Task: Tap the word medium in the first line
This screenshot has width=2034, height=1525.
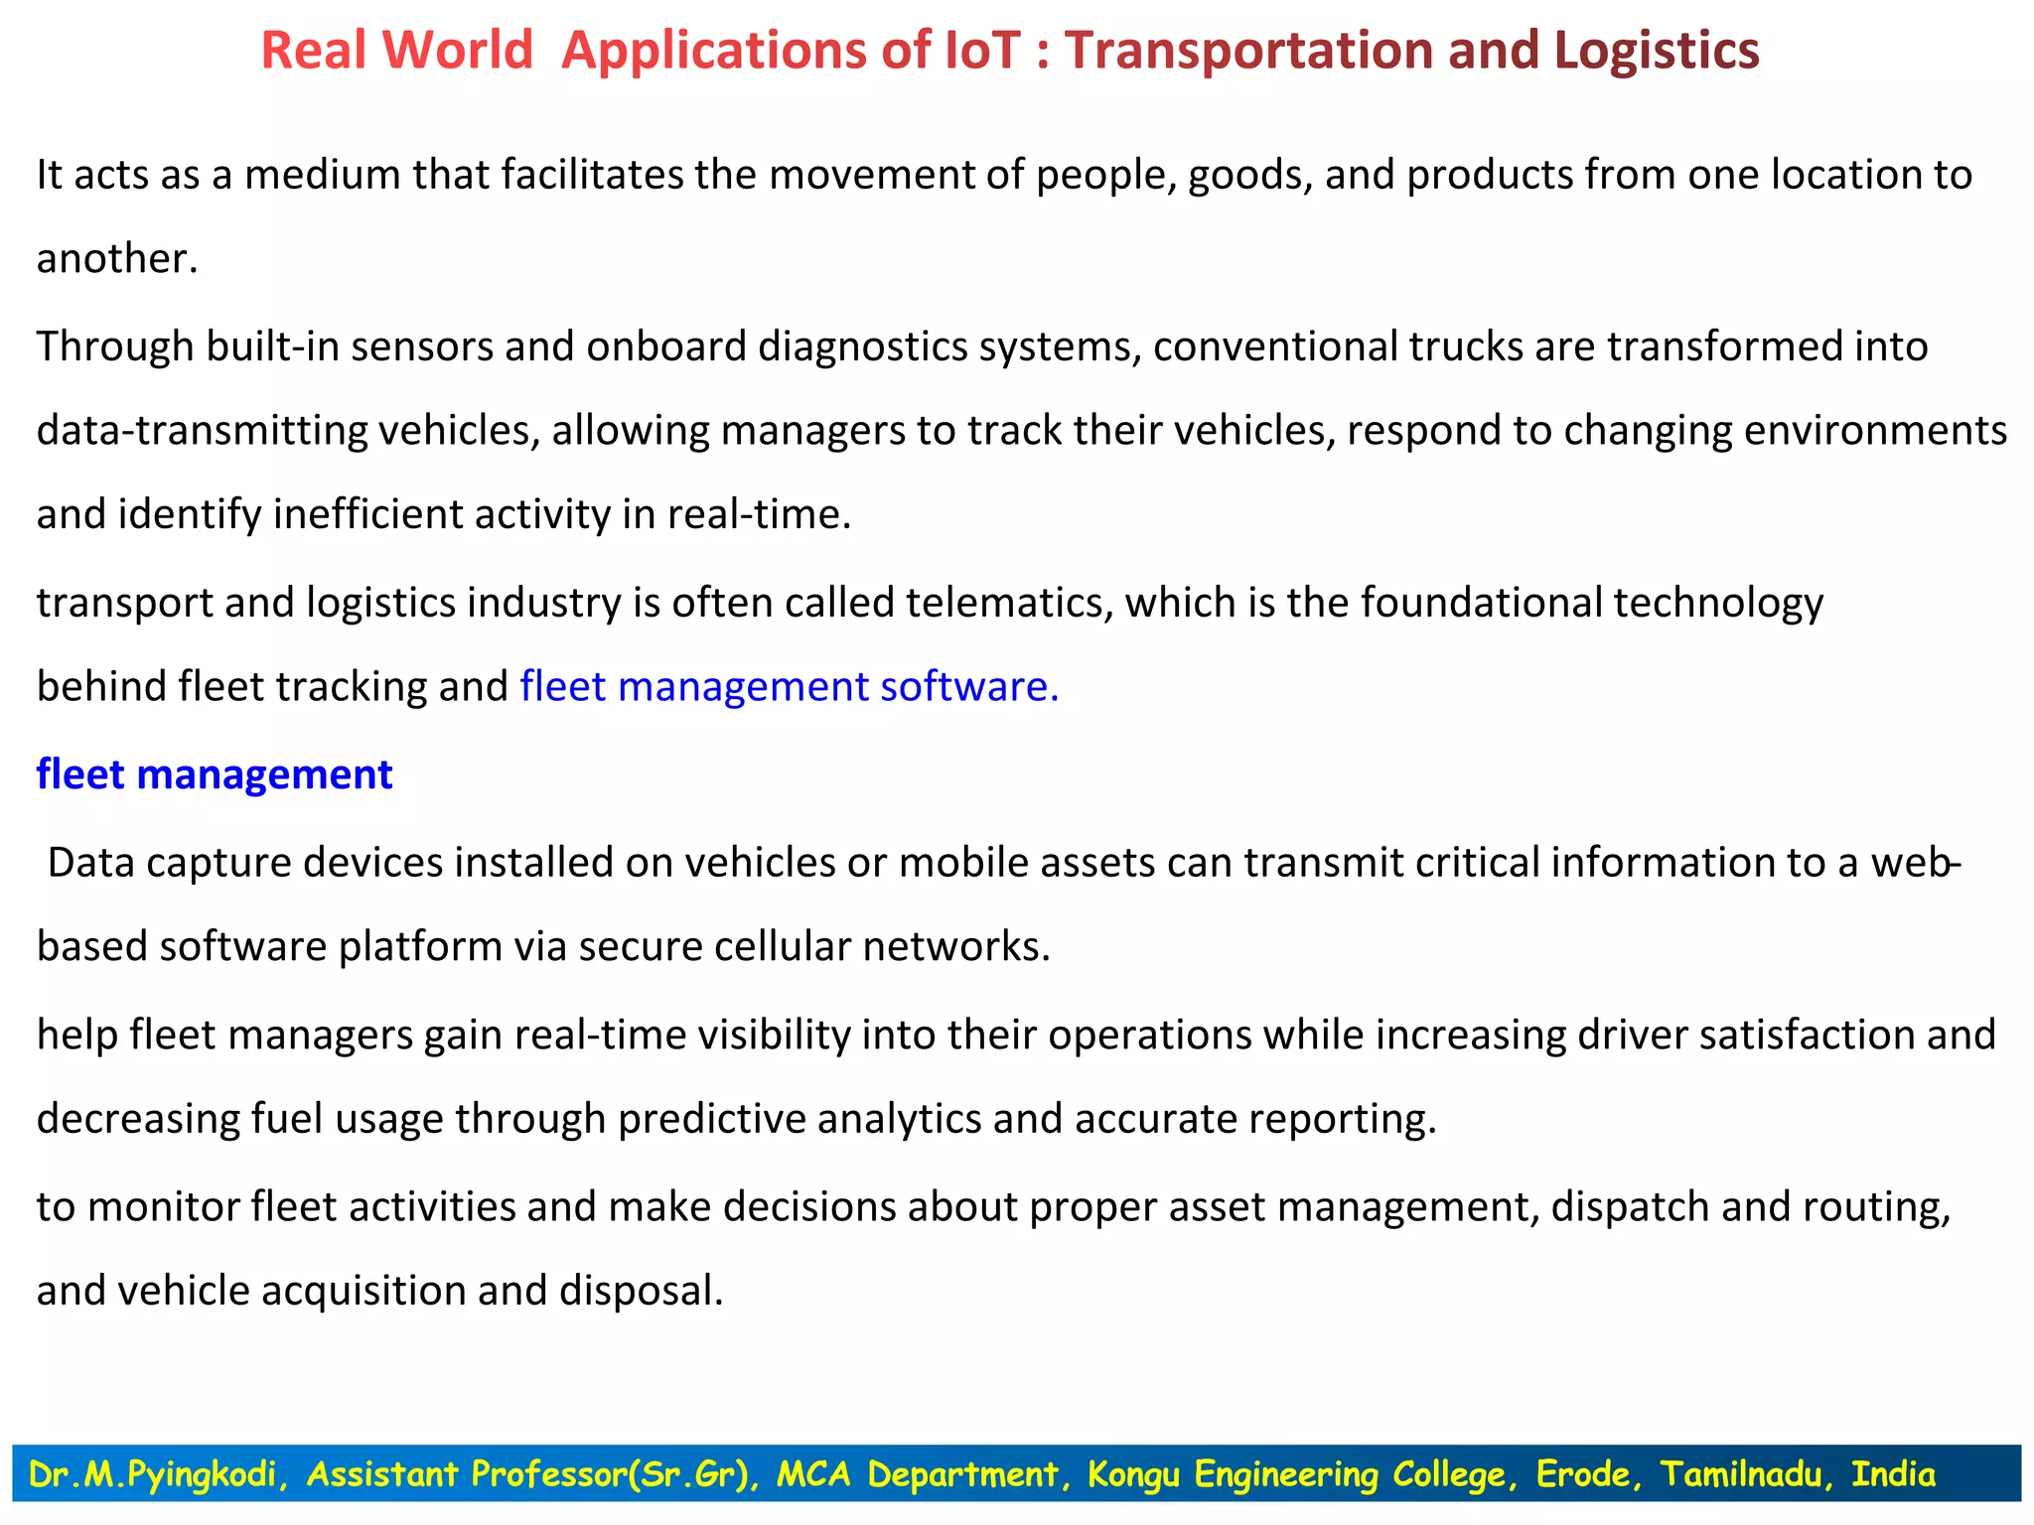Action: point(322,175)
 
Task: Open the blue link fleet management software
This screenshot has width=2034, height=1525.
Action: point(789,687)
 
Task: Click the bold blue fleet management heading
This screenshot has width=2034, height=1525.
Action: point(215,774)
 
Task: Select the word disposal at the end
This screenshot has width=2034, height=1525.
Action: point(641,1291)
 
